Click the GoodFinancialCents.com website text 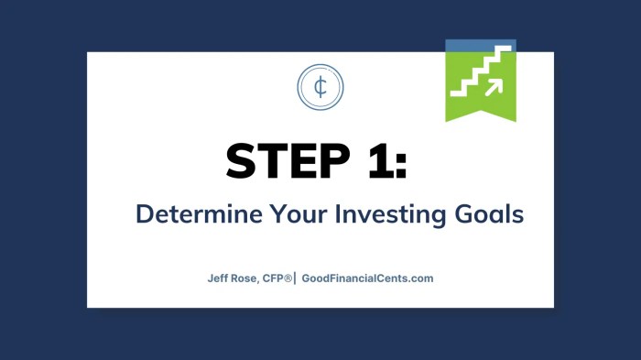pos(366,278)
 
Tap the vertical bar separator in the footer pos(295,278)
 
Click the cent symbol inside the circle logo pos(320,87)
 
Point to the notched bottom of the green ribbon pos(481,114)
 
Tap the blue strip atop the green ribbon pos(481,44)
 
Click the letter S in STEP pos(243,162)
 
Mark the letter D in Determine pos(144,214)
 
